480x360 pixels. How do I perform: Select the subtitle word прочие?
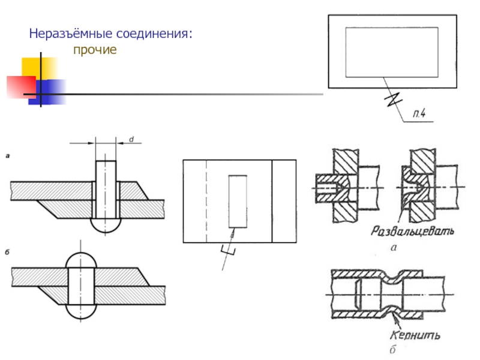[95, 50]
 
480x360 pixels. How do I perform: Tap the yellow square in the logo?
[39, 68]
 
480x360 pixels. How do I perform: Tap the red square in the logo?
[22, 87]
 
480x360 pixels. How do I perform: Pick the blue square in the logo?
[47, 92]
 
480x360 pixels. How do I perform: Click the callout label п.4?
[419, 114]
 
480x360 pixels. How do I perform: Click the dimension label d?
[131, 139]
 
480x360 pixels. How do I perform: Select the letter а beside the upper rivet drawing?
[8, 156]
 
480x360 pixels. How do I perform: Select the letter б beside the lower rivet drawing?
[7, 253]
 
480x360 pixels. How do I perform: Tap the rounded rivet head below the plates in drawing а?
[106, 225]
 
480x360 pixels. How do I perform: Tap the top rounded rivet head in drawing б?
[81, 260]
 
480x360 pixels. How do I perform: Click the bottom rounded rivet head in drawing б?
[81, 311]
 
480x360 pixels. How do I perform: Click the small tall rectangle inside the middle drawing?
[238, 202]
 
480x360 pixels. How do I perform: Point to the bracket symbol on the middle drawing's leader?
[228, 250]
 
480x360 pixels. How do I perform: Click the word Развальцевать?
[412, 231]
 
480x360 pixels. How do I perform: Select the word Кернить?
[415, 335]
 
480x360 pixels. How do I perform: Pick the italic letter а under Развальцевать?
[394, 247]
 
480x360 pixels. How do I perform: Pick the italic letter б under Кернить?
[393, 349]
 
